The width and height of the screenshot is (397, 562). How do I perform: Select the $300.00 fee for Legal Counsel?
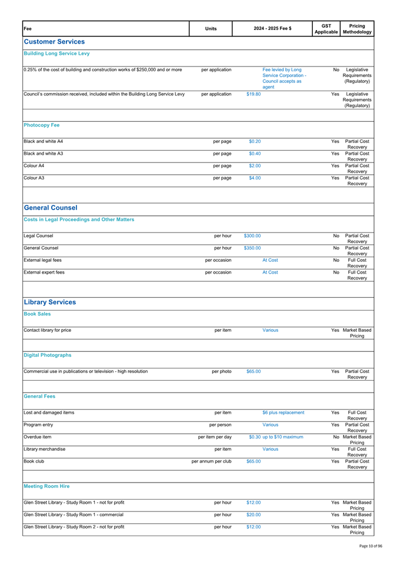[248, 268]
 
